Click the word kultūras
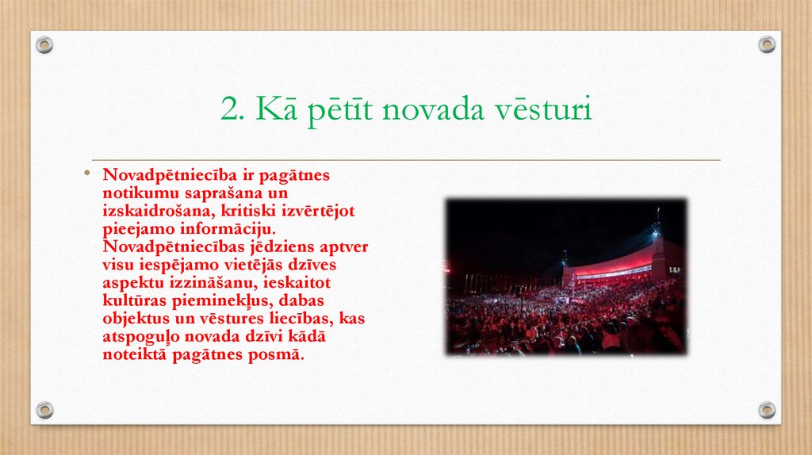(x=133, y=300)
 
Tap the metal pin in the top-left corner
(x=44, y=44)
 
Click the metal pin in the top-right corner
(x=767, y=44)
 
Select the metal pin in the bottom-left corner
(x=44, y=410)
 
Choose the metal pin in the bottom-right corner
(x=767, y=410)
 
